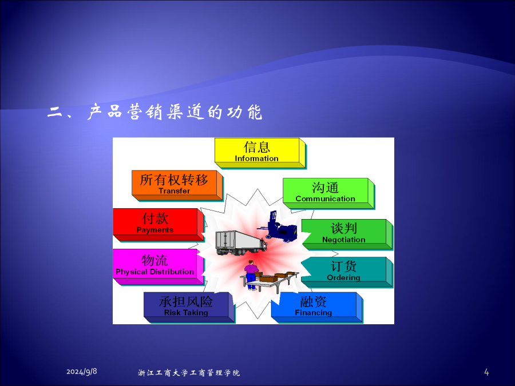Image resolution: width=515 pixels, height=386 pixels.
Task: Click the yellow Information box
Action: click(260, 153)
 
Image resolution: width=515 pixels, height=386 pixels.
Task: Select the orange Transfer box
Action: click(177, 185)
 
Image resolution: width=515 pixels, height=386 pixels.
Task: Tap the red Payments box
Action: click(159, 225)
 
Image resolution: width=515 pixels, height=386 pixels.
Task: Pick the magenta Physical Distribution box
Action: click(159, 266)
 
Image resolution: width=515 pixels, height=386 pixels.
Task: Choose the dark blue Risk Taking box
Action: click(189, 307)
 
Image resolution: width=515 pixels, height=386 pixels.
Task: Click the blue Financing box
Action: click(316, 307)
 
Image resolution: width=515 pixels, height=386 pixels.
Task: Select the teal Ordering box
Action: click(347, 272)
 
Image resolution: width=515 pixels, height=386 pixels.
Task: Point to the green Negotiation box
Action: click(347, 234)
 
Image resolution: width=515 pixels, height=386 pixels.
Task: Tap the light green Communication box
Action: click(328, 193)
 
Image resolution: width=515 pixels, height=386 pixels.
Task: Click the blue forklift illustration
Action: click(278, 227)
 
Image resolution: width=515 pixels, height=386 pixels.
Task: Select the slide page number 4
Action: click(486, 372)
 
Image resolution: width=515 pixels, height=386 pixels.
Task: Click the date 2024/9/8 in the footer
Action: click(81, 372)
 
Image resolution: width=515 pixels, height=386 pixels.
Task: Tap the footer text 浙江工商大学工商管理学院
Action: click(189, 373)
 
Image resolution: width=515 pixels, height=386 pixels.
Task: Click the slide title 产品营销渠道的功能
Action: click(175, 112)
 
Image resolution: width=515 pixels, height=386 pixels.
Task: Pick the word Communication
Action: click(325, 198)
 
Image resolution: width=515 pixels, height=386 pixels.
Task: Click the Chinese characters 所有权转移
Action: click(174, 180)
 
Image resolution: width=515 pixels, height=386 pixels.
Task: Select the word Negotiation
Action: click(343, 240)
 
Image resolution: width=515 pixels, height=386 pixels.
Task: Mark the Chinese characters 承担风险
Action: click(186, 301)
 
